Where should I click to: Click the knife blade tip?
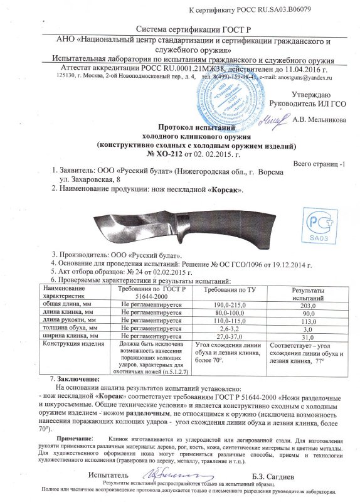click(x=93, y=217)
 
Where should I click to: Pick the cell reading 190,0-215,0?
click(x=228, y=304)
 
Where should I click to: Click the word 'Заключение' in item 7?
click(x=78, y=380)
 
